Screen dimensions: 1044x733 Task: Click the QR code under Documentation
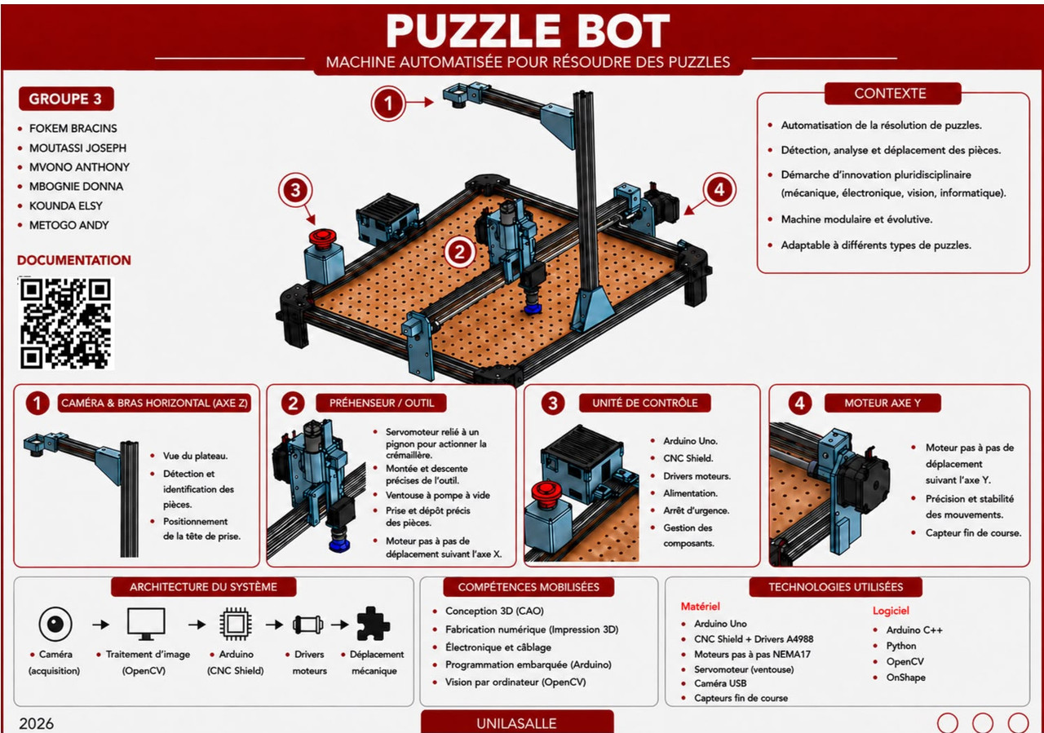(66, 324)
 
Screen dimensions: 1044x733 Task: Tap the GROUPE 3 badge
(66, 99)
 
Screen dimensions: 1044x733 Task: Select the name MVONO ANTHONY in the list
(79, 167)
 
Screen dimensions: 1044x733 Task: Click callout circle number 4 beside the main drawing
(719, 190)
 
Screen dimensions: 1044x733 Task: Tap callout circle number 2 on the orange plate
(459, 252)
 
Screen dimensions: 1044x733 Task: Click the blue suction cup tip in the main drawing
(533, 308)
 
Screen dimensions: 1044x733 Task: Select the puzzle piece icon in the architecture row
(373, 624)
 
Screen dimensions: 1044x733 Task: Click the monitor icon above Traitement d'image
(146, 624)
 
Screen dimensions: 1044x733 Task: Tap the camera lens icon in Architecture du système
(55, 624)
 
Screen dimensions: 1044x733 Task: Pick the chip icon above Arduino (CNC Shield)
(236, 624)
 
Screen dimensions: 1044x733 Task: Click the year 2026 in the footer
(37, 723)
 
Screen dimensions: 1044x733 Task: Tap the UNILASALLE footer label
(516, 723)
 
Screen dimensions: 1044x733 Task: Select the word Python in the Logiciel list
(901, 646)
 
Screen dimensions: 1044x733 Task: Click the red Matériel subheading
(700, 607)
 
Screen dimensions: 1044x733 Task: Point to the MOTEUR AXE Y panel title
(883, 403)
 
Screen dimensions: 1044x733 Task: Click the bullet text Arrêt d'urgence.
(697, 510)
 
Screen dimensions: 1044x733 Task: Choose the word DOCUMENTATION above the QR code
(74, 260)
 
